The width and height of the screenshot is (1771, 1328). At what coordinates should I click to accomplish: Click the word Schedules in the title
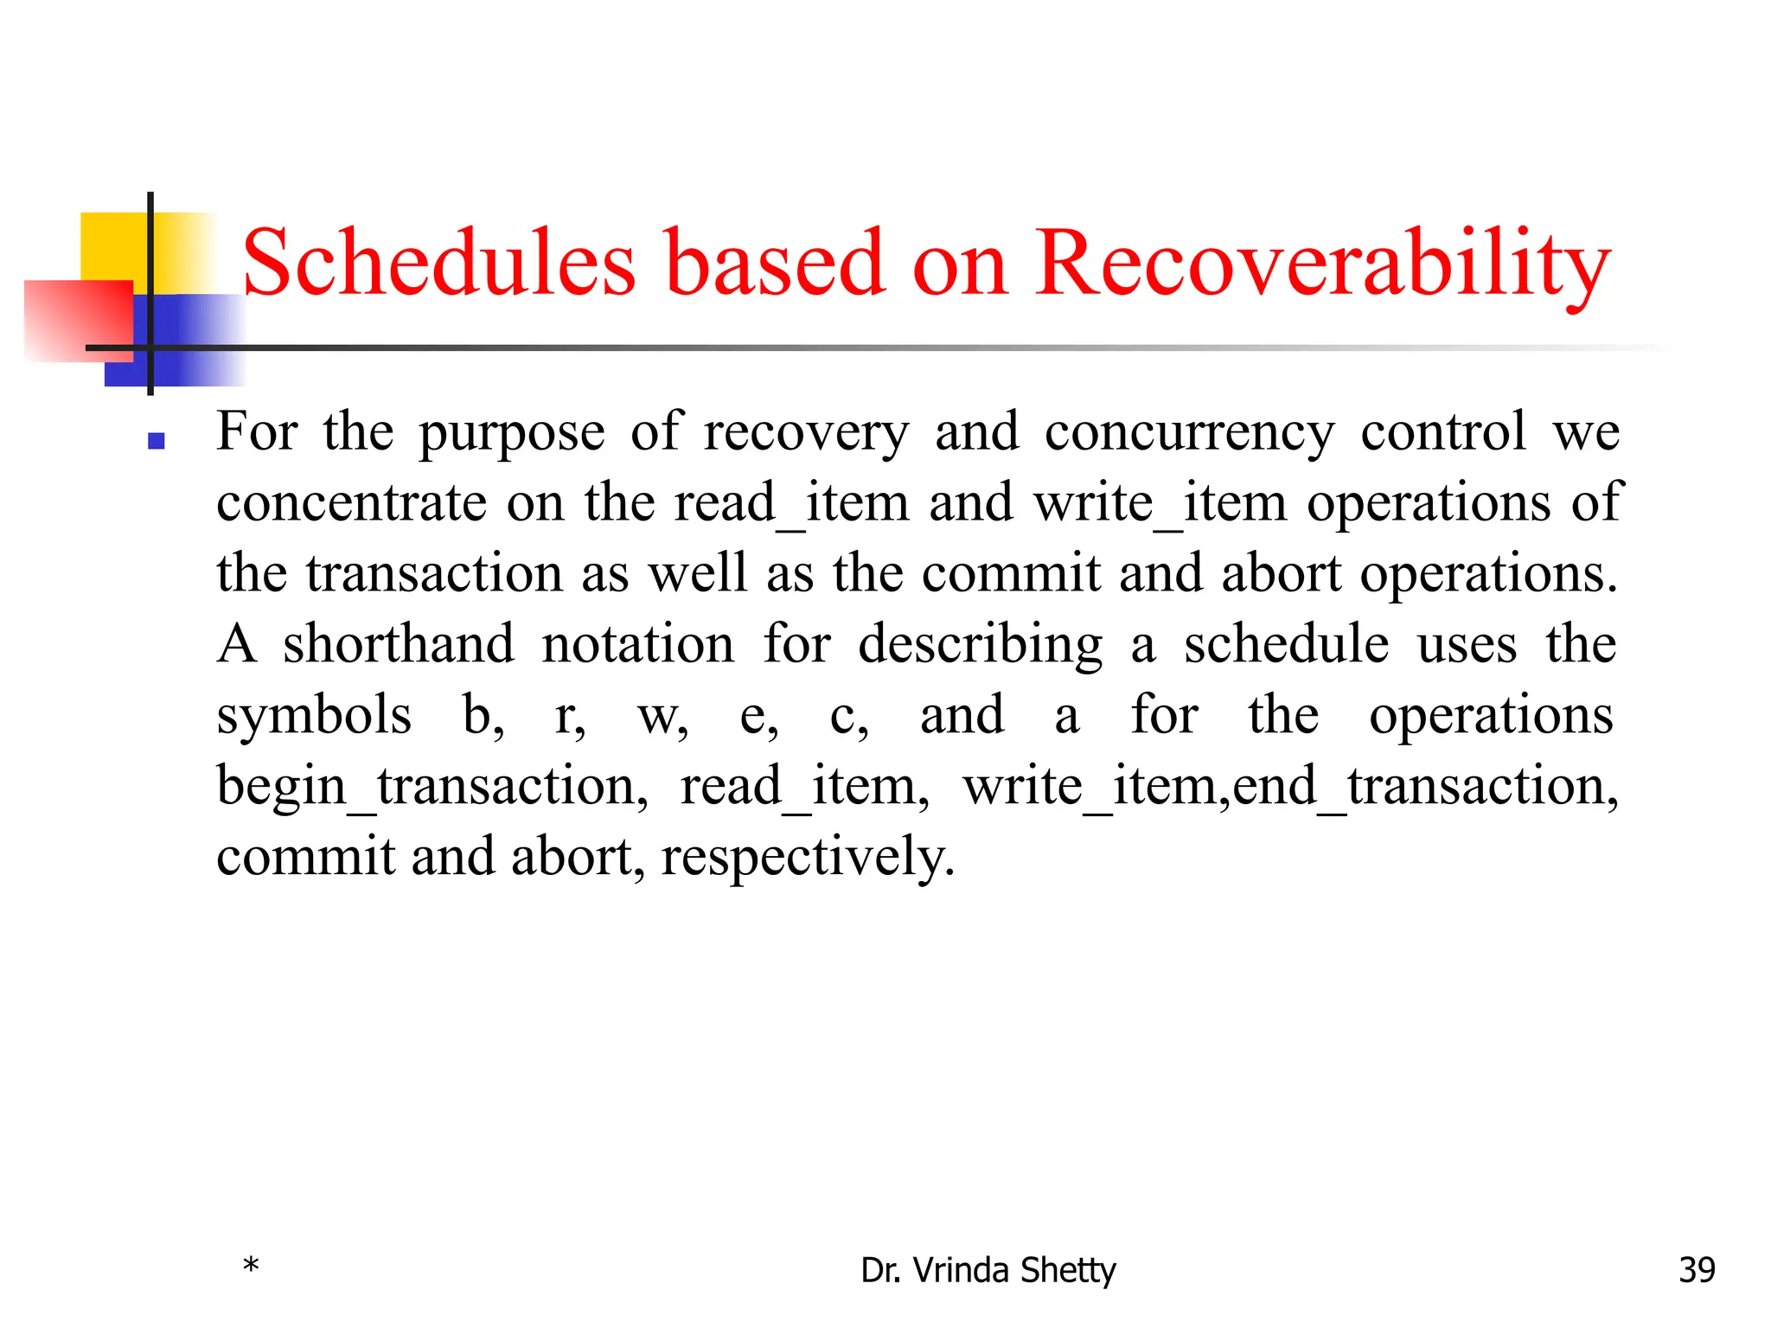tap(439, 263)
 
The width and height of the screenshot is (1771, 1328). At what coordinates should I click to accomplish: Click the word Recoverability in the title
tap(1322, 265)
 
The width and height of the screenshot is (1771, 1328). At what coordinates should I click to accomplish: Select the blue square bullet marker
tap(157, 441)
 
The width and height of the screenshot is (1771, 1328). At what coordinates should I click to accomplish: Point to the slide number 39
tap(1697, 1270)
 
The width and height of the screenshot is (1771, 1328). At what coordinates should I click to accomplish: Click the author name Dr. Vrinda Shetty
tap(988, 1270)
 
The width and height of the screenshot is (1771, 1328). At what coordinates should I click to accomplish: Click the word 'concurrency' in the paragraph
tap(1189, 432)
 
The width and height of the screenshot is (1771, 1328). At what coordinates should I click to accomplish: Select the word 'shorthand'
tap(399, 644)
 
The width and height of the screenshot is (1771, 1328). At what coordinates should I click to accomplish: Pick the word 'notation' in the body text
tap(638, 644)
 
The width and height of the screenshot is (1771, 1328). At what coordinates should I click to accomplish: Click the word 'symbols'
tap(314, 716)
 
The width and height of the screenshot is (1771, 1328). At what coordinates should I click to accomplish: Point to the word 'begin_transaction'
tap(432, 787)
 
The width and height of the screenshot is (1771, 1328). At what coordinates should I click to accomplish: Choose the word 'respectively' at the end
tap(808, 858)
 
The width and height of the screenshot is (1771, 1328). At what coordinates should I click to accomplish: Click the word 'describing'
tap(980, 646)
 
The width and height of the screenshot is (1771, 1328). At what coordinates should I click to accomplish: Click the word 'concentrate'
tap(351, 503)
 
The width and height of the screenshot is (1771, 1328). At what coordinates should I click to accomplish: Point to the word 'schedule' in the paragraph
tap(1286, 644)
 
